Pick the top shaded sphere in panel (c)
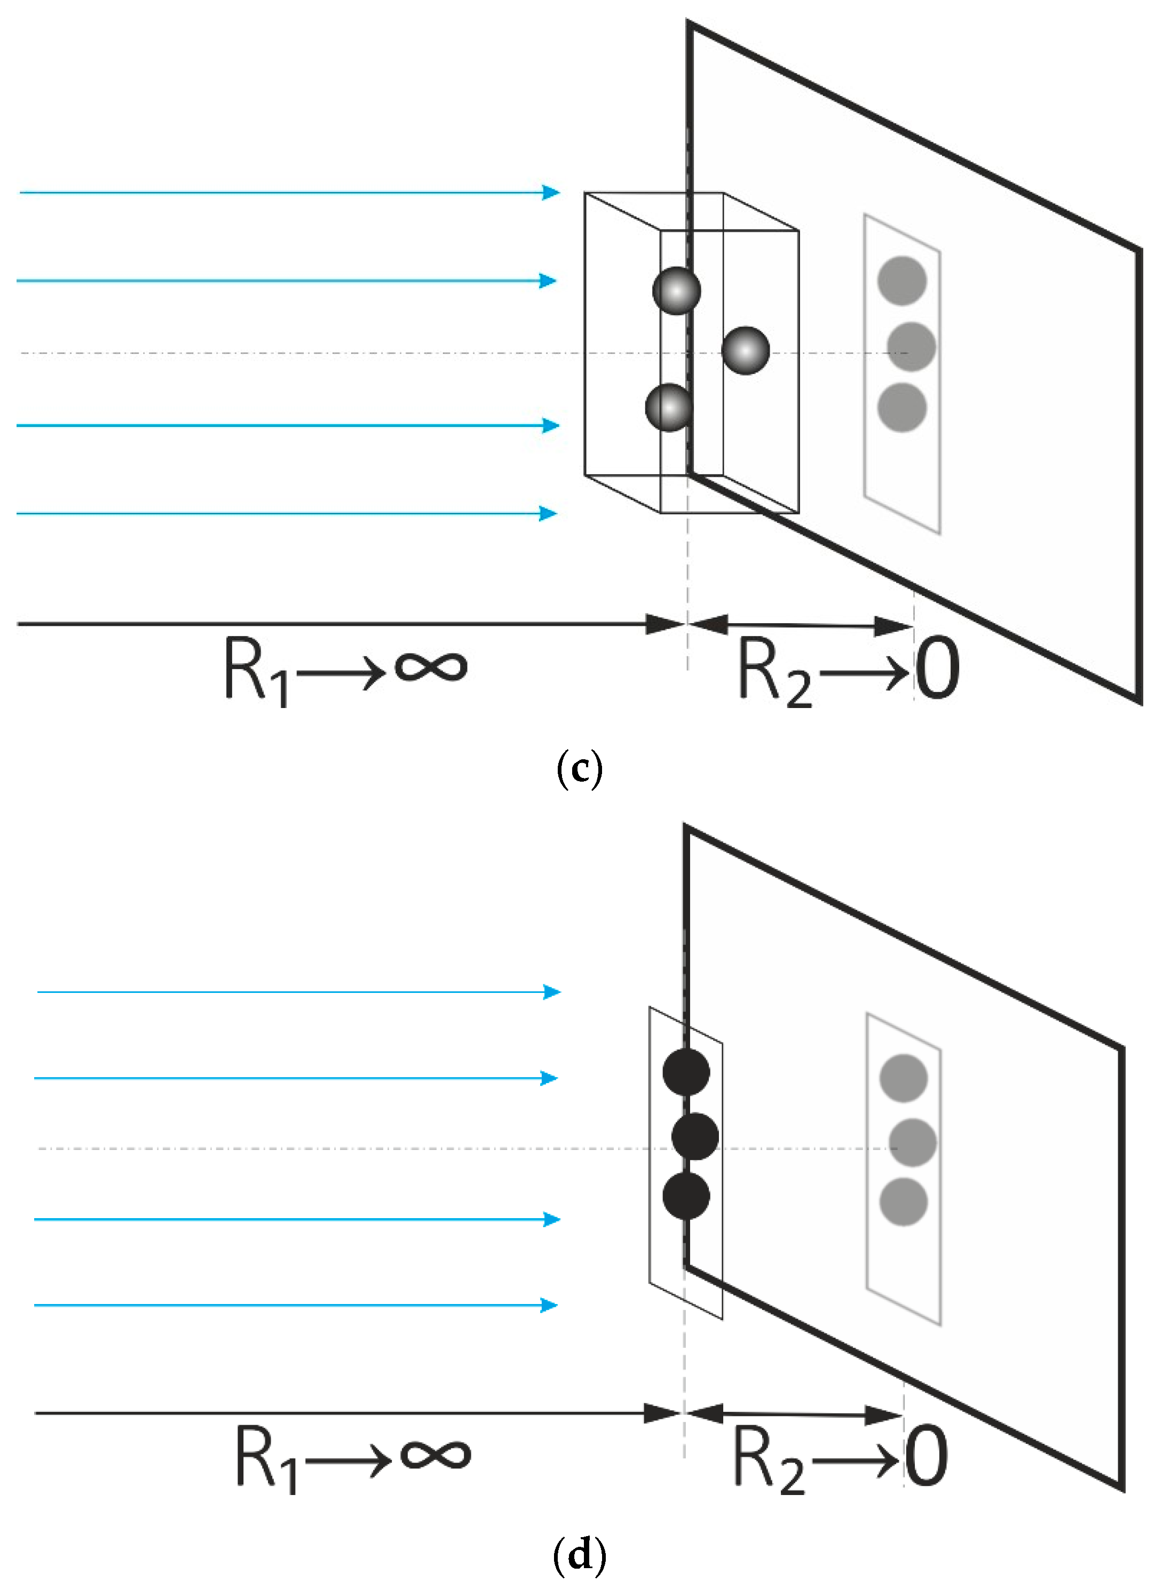point(676,290)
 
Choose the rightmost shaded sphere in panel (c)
point(746,351)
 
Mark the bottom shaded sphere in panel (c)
point(669,407)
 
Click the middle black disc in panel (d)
point(695,1136)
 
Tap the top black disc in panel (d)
point(686,1072)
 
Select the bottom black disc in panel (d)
point(686,1196)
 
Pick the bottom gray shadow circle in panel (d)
point(903,1202)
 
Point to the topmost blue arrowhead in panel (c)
point(552,192)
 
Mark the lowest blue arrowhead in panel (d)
point(550,1305)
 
